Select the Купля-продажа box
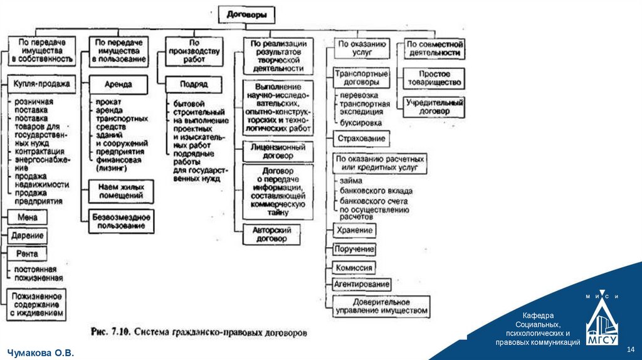[40, 84]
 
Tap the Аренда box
[118, 84]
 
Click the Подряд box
[193, 84]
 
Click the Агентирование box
[362, 284]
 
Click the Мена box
[27, 217]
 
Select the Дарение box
[27, 236]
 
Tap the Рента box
[27, 254]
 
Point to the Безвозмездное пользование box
[121, 221]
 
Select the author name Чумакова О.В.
[40, 354]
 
